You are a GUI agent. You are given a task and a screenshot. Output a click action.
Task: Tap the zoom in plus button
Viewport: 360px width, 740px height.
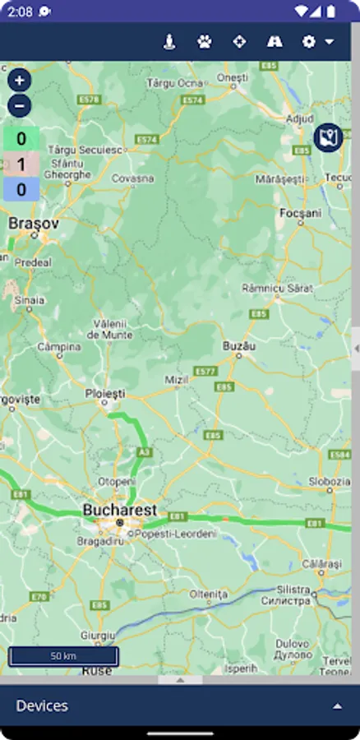pyautogui.click(x=20, y=80)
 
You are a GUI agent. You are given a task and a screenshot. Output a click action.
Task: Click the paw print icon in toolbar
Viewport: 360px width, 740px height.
pyautogui.click(x=204, y=41)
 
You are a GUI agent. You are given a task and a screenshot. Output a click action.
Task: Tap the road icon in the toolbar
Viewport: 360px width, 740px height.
pyautogui.click(x=275, y=41)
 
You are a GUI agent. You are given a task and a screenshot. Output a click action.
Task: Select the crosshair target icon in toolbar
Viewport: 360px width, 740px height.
pyautogui.click(x=239, y=41)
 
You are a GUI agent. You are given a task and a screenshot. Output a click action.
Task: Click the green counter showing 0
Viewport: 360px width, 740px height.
pyautogui.click(x=21, y=139)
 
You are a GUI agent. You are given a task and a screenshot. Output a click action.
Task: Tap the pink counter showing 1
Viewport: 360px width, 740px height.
pyautogui.click(x=21, y=164)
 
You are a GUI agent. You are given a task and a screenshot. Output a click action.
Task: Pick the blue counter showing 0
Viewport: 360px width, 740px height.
pyautogui.click(x=21, y=190)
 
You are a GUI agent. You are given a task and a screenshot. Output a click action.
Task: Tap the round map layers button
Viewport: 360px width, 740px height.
pyautogui.click(x=329, y=137)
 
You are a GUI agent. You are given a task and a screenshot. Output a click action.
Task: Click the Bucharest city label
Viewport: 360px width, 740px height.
pyautogui.click(x=119, y=510)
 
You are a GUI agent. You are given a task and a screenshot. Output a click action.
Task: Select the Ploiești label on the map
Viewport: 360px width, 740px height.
pyautogui.click(x=105, y=394)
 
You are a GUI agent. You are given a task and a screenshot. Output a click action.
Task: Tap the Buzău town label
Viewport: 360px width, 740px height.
pyautogui.click(x=239, y=347)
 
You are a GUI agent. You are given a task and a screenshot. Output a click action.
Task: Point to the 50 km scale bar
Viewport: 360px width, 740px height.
pyautogui.click(x=63, y=656)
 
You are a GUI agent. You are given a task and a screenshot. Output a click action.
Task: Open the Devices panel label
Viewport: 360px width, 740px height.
pyautogui.click(x=42, y=705)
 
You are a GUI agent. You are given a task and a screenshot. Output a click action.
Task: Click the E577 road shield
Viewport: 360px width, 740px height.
pyautogui.click(x=205, y=372)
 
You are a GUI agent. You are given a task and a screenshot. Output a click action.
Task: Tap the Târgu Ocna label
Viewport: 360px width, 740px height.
pyautogui.click(x=174, y=84)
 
